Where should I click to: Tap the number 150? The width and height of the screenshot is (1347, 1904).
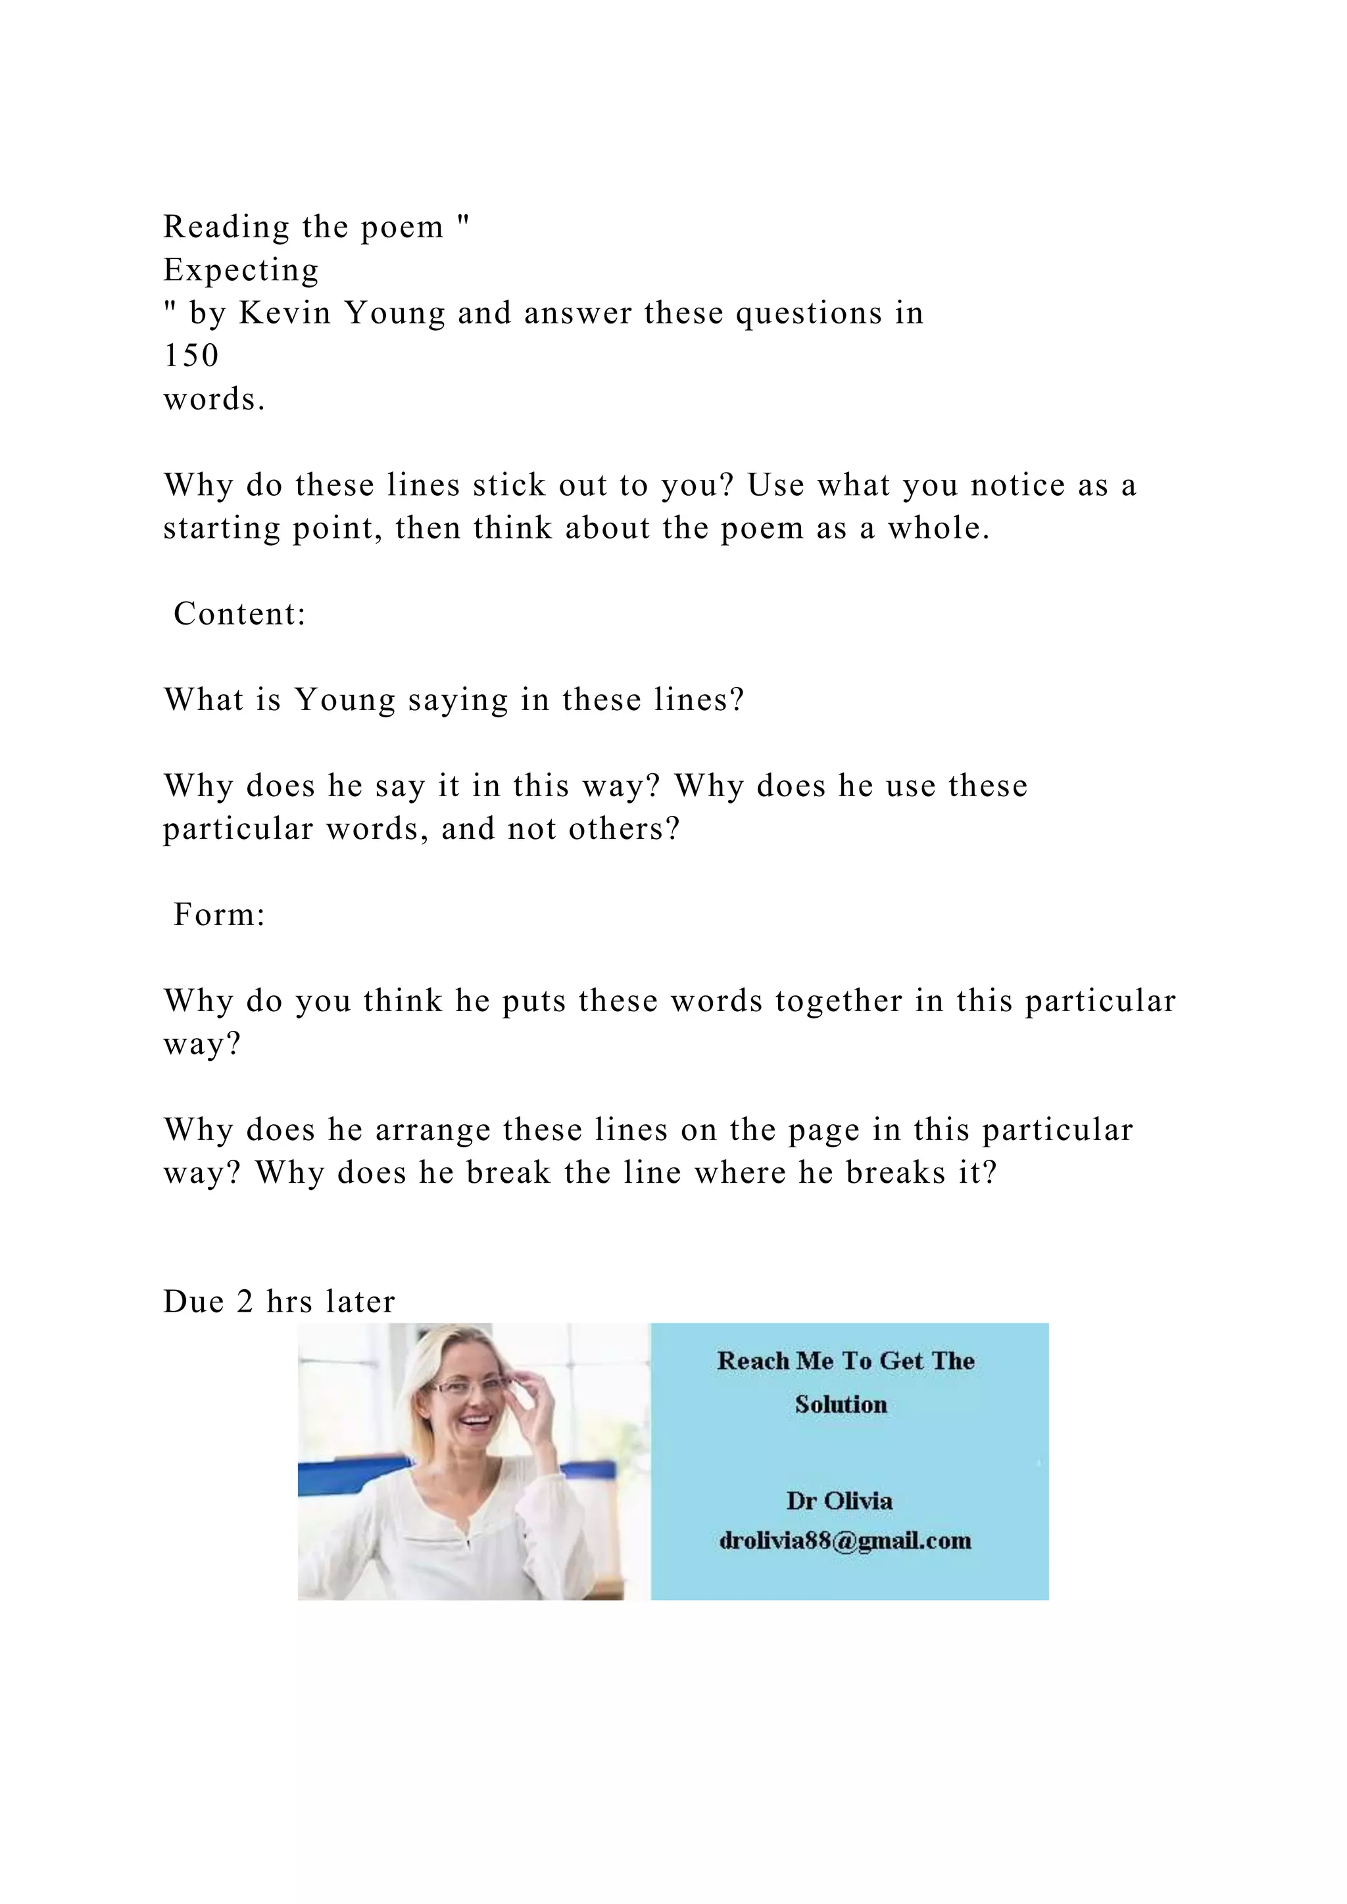[x=191, y=356]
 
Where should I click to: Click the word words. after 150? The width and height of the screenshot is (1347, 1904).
[x=214, y=399]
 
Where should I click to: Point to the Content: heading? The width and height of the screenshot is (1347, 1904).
[x=239, y=613]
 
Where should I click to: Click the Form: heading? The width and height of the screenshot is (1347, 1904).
[x=219, y=915]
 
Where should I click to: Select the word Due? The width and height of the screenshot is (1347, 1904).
[x=193, y=1302]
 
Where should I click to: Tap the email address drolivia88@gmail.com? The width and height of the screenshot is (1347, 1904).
[x=845, y=1541]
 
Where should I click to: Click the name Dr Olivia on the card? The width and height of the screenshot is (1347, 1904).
[x=839, y=1501]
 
